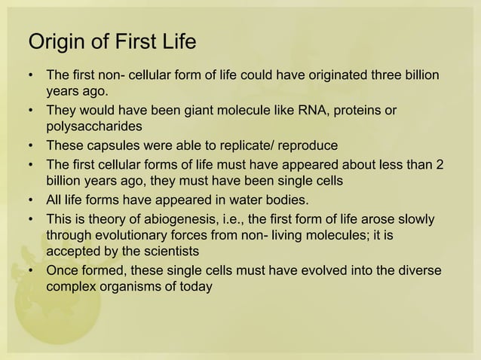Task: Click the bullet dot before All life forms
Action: coord(30,199)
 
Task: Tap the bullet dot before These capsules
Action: coord(30,145)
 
